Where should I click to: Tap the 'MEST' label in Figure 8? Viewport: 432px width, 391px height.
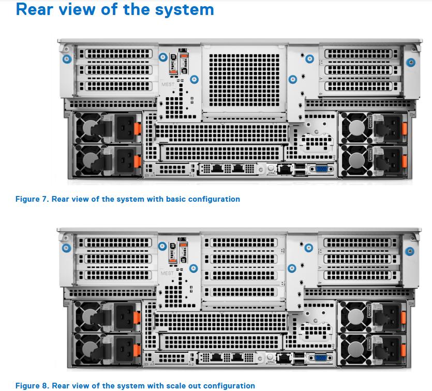[168, 273]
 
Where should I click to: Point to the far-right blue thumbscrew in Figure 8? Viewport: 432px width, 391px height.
[411, 251]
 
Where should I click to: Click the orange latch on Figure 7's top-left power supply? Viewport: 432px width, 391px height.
[137, 127]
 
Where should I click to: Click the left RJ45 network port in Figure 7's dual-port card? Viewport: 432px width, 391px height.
[218, 168]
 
